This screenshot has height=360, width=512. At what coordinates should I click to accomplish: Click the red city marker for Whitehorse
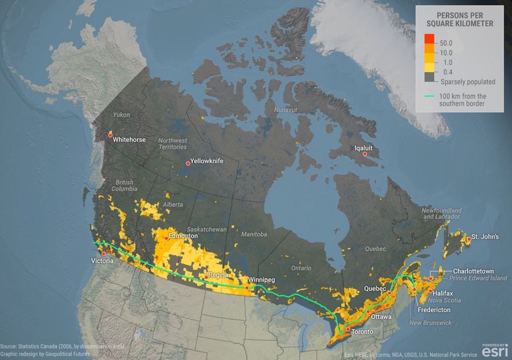pyautogui.click(x=110, y=134)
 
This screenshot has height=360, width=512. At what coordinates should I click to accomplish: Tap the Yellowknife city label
pyautogui.click(x=206, y=161)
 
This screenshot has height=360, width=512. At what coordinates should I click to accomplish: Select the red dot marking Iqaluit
pyautogui.click(x=365, y=154)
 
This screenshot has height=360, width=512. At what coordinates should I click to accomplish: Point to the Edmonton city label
pyautogui.click(x=183, y=236)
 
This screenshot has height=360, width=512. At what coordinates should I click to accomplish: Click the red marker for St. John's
pyautogui.click(x=468, y=239)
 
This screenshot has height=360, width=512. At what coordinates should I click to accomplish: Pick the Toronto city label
pyautogui.click(x=362, y=332)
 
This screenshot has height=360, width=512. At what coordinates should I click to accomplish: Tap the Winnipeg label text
pyautogui.click(x=262, y=280)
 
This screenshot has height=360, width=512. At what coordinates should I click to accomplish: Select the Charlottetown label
pyautogui.click(x=473, y=271)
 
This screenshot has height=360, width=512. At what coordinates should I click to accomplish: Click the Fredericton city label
pyautogui.click(x=434, y=310)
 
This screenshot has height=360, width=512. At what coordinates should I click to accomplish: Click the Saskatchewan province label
pyautogui.click(x=208, y=229)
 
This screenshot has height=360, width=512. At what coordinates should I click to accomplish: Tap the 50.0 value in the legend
pyautogui.click(x=446, y=43)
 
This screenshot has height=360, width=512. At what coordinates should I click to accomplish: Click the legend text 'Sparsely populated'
pyautogui.click(x=468, y=81)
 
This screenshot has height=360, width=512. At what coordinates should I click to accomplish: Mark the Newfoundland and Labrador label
pyautogui.click(x=441, y=214)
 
